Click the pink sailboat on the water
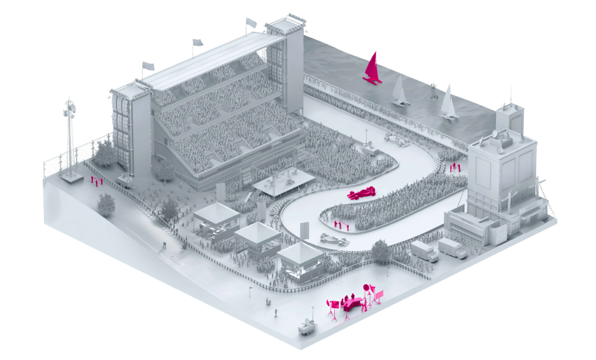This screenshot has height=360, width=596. tap(371, 69)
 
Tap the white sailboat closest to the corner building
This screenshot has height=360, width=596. tap(448, 103)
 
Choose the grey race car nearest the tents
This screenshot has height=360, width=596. tap(334, 240)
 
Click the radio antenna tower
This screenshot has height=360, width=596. tap(69, 137)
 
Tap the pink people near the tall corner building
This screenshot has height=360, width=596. tap(454, 167)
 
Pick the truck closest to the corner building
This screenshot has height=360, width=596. tap(452, 248)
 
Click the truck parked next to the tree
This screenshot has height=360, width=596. tap(423, 250)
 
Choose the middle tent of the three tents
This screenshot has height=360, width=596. tap(257, 238)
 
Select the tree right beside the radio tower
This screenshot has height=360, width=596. tap(105, 154)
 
